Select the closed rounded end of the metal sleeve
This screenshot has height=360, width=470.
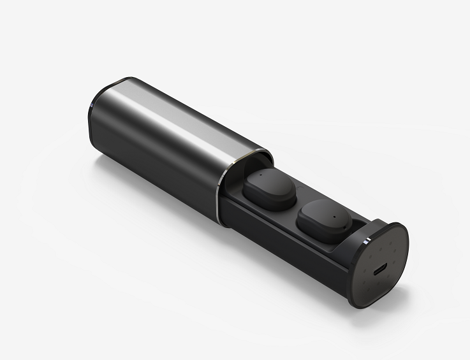click(x=96, y=118)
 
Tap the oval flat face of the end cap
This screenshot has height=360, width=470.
click(x=383, y=264)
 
